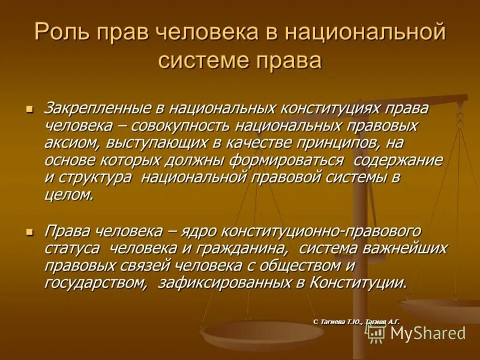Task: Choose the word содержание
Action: (x=398, y=161)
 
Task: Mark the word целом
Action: (x=68, y=196)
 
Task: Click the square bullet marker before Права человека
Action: (x=29, y=232)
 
